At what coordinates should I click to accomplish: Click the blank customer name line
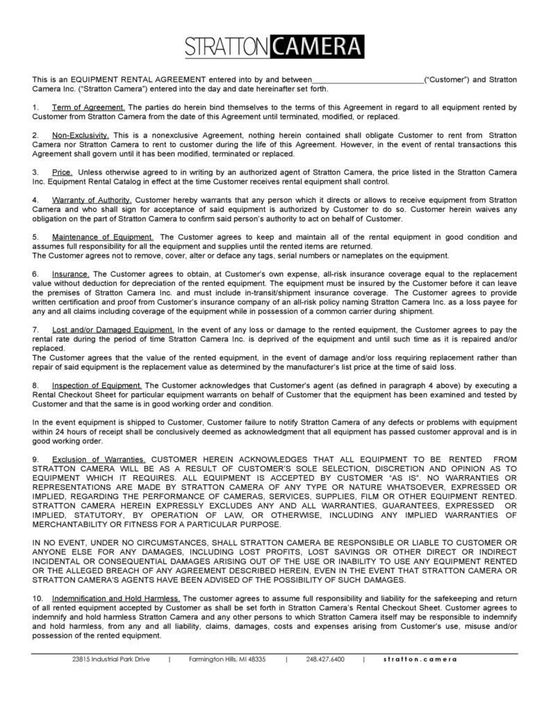368,81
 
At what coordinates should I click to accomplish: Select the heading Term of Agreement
88,107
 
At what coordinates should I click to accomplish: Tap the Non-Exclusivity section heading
81,134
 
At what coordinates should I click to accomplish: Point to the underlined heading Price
62,172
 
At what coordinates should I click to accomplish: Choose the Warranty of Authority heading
92,199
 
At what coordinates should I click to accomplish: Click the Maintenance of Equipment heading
103,237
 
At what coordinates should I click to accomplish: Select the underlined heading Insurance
71,274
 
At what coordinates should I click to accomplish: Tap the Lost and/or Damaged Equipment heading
113,329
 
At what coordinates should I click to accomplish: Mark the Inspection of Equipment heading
97,384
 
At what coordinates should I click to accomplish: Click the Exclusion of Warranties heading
99,459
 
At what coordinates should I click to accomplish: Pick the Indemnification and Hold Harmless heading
116,597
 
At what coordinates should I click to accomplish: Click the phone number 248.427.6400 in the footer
325,659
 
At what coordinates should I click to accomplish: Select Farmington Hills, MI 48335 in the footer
227,659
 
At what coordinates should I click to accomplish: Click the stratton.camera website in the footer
420,659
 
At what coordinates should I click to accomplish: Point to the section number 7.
35,329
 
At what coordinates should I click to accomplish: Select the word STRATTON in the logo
226,47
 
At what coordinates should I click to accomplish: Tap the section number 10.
38,597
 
